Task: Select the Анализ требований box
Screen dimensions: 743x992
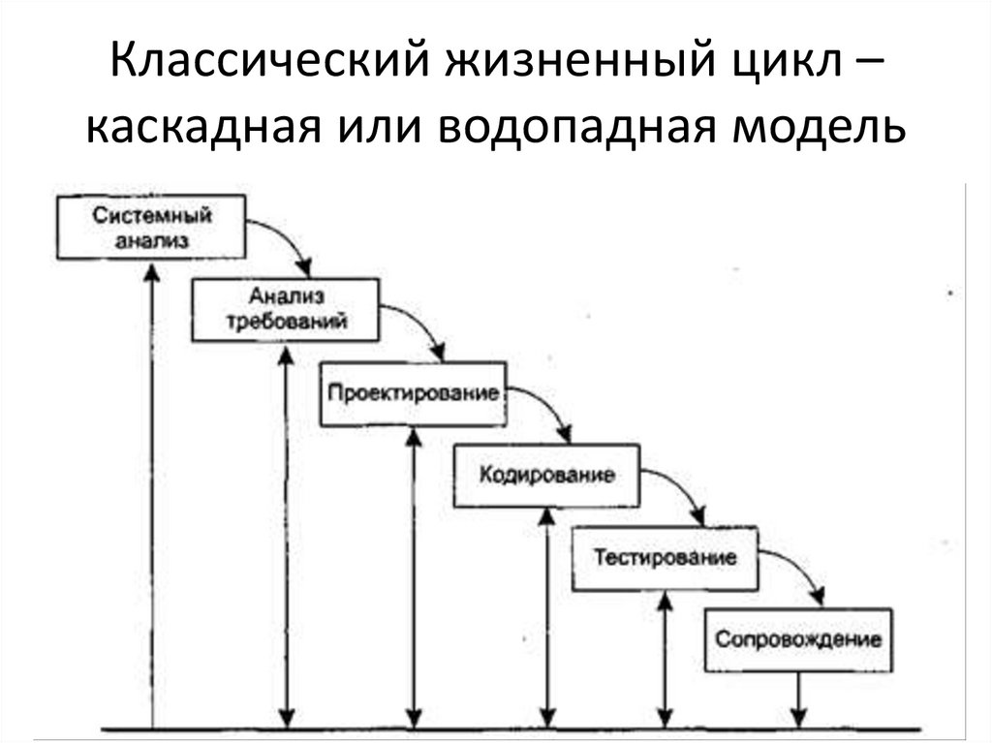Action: tap(285, 309)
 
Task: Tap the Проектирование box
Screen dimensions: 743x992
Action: tap(413, 393)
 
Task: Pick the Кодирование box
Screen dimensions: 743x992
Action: tap(547, 476)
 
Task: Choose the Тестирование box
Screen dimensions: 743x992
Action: tap(665, 559)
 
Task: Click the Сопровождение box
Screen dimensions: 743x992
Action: tap(798, 639)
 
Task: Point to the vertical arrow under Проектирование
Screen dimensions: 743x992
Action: tap(414, 576)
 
